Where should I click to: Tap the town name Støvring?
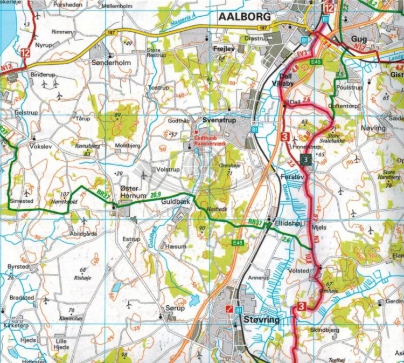coord(261,319)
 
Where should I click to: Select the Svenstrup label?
coord(219,120)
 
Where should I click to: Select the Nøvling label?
coord(375,128)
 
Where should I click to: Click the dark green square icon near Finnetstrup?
coord(306,160)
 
